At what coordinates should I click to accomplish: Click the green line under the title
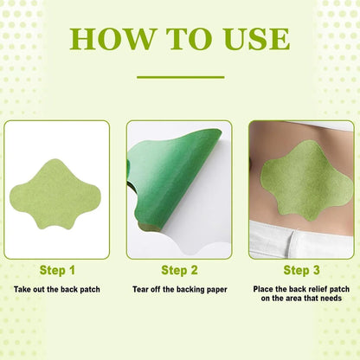180,77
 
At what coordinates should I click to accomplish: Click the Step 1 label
57,270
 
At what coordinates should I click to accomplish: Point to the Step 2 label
180,270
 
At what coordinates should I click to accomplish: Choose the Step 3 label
301,270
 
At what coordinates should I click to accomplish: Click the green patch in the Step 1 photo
57,188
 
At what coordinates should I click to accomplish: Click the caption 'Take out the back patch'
56,287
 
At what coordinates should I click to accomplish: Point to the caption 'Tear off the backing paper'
180,287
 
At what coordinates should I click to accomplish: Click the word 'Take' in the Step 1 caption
22,287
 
